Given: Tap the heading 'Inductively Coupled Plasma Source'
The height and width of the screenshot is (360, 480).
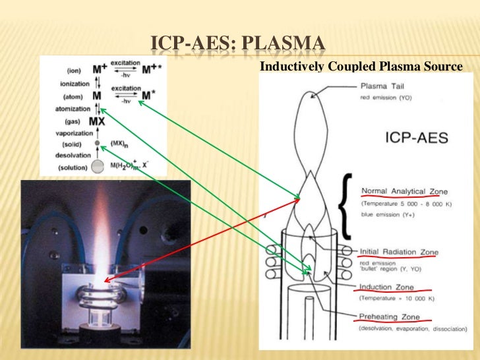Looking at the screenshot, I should [x=362, y=67].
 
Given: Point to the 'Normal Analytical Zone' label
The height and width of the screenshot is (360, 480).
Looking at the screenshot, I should [x=404, y=191].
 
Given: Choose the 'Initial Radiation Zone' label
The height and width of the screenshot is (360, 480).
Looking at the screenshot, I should [x=399, y=252].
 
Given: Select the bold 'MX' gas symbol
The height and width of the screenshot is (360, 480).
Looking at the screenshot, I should [x=97, y=122].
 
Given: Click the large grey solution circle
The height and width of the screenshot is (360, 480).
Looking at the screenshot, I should [x=98, y=167].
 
